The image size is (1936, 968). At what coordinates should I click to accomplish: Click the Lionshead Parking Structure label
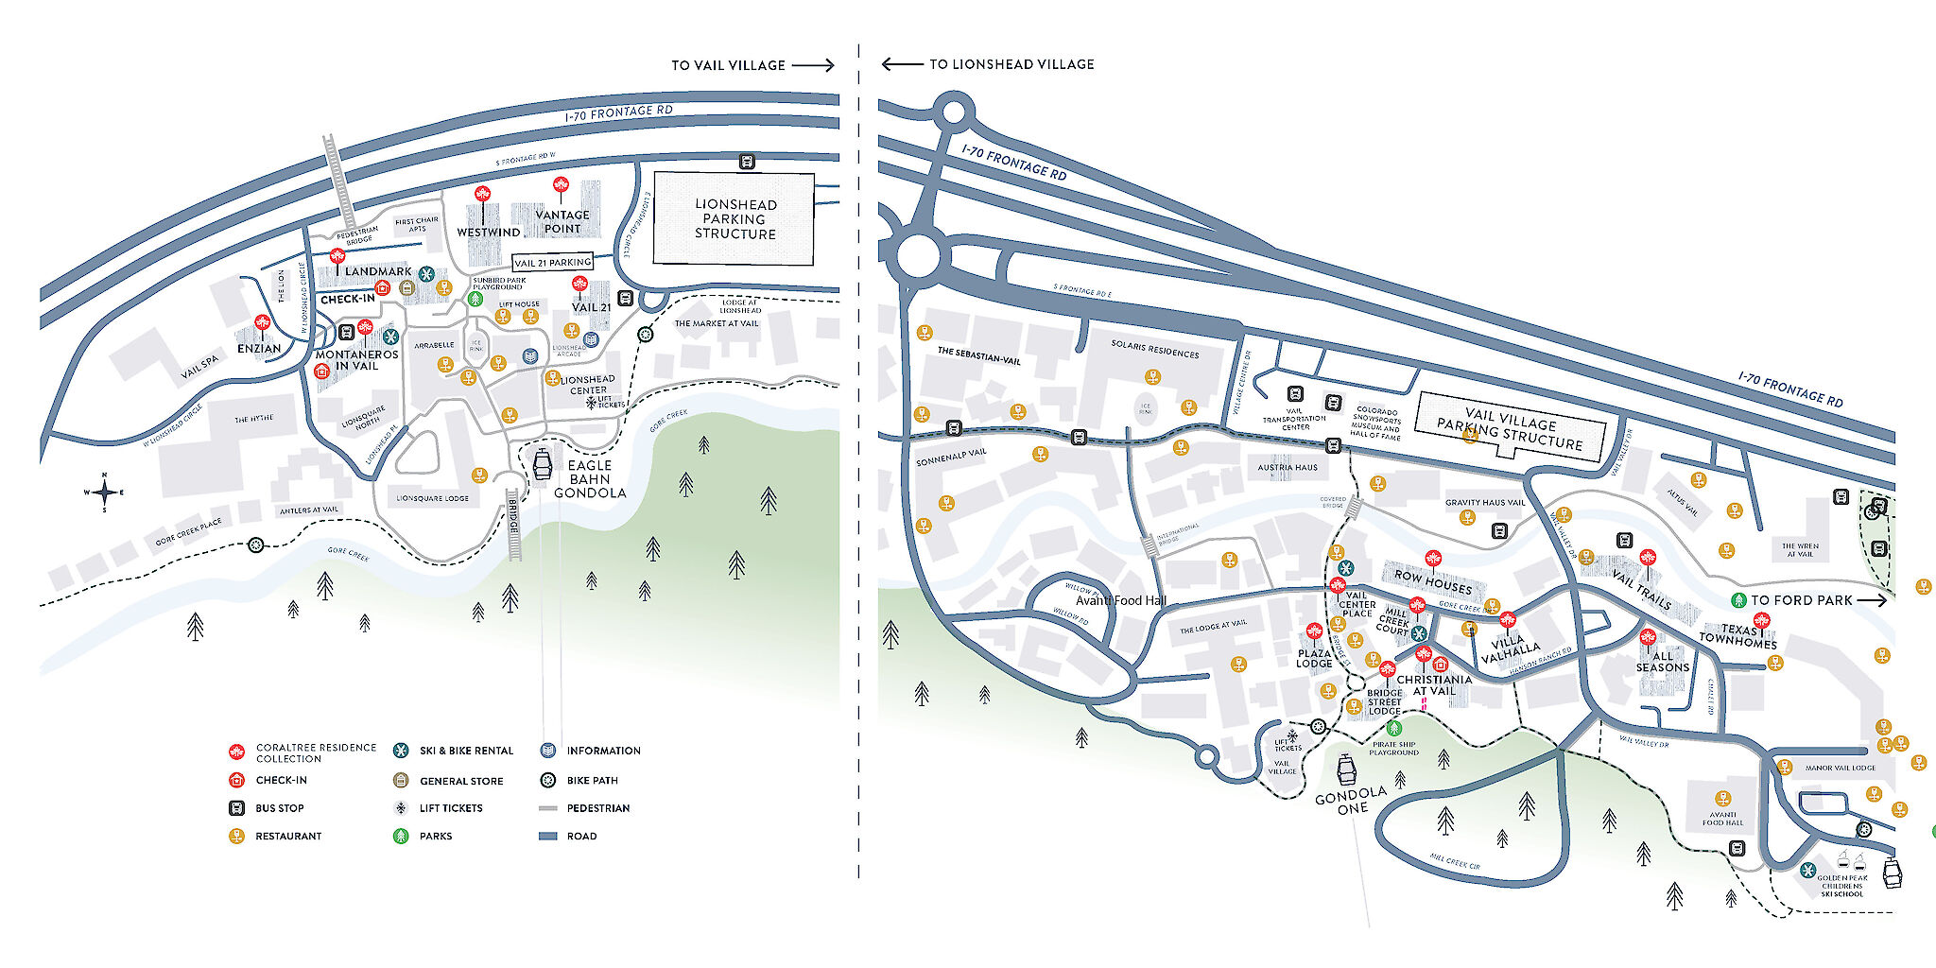735,218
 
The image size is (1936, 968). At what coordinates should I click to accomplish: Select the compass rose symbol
105,492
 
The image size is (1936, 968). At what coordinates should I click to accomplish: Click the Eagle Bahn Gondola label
590,478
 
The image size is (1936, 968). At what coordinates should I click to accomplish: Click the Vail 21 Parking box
552,262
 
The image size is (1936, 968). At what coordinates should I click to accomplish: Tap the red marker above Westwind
483,196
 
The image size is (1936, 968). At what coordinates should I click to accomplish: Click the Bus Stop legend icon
236,808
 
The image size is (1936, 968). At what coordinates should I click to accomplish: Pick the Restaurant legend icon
236,836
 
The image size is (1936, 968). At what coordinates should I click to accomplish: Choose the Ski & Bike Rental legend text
466,751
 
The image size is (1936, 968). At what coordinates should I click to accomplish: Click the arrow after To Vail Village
813,65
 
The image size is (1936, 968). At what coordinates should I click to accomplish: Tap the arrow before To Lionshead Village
902,64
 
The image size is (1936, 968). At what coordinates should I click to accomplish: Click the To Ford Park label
1801,600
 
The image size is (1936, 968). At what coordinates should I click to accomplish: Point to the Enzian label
259,348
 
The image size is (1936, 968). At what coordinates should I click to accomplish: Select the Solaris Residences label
1154,350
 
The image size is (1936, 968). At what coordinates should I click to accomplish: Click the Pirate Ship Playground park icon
1393,728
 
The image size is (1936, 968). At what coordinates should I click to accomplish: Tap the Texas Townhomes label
1737,636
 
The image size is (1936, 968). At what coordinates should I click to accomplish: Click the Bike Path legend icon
547,781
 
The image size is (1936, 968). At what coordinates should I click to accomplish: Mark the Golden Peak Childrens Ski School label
1841,885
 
